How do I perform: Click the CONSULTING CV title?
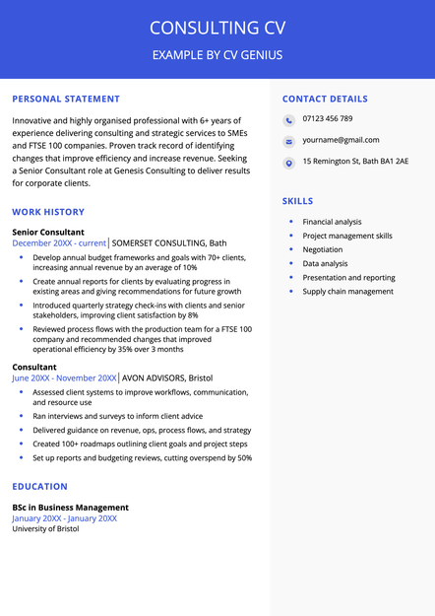[x=217, y=27]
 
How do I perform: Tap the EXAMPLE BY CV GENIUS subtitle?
[x=217, y=55]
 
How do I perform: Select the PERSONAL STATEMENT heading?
[x=66, y=99]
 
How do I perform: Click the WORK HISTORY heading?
[x=48, y=212]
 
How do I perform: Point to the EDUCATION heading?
[x=39, y=486]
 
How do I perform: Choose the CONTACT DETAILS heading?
[x=325, y=99]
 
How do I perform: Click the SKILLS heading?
[x=297, y=201]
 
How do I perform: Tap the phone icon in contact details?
[x=288, y=120]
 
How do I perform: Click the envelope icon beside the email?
[x=288, y=141]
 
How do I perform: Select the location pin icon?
[x=288, y=163]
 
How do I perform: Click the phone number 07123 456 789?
[x=328, y=119]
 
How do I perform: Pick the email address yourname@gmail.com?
[x=341, y=140]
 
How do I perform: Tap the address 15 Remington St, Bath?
[x=355, y=162]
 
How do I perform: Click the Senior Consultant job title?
[x=48, y=232]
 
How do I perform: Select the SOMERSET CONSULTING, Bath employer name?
[x=169, y=242]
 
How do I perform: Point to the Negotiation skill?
[x=323, y=249]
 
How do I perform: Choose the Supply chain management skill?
[x=347, y=291]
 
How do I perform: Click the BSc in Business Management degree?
[x=70, y=508]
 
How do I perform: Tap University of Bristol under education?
[x=45, y=528]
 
